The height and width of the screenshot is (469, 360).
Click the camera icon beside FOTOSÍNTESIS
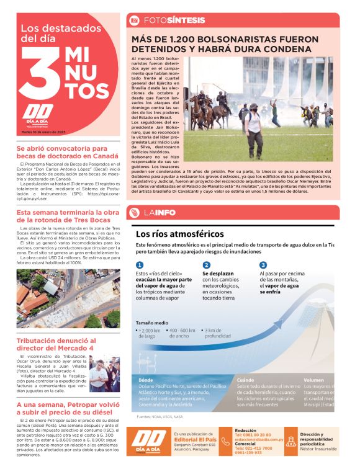pyautogui.click(x=134, y=20)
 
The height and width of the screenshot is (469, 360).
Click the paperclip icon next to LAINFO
pyautogui.click(x=134, y=213)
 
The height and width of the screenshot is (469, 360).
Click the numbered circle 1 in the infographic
pyautogui.click(x=140, y=265)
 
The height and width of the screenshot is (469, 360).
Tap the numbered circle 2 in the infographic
pyautogui.click(x=207, y=265)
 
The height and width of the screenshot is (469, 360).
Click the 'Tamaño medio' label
pyautogui.click(x=152, y=323)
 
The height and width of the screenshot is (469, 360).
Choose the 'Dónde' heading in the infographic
pyautogui.click(x=146, y=379)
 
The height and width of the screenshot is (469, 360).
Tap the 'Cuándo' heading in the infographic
pyautogui.click(x=245, y=379)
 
